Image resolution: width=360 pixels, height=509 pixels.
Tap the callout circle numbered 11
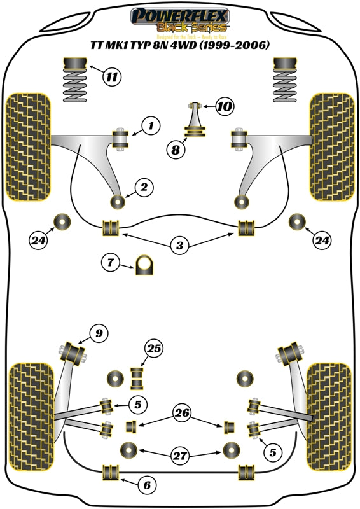click(112, 78)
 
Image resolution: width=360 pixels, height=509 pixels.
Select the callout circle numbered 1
click(151, 126)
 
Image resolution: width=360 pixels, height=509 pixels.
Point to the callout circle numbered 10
click(223, 106)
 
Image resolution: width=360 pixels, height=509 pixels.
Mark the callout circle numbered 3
click(180, 245)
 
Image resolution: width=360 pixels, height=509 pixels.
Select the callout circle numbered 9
click(98, 332)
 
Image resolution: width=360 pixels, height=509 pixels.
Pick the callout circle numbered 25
click(153, 348)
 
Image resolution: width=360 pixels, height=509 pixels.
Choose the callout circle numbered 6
click(147, 485)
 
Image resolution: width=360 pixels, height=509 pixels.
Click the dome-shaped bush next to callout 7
click(145, 262)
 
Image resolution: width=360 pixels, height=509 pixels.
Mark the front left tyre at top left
click(27, 146)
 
